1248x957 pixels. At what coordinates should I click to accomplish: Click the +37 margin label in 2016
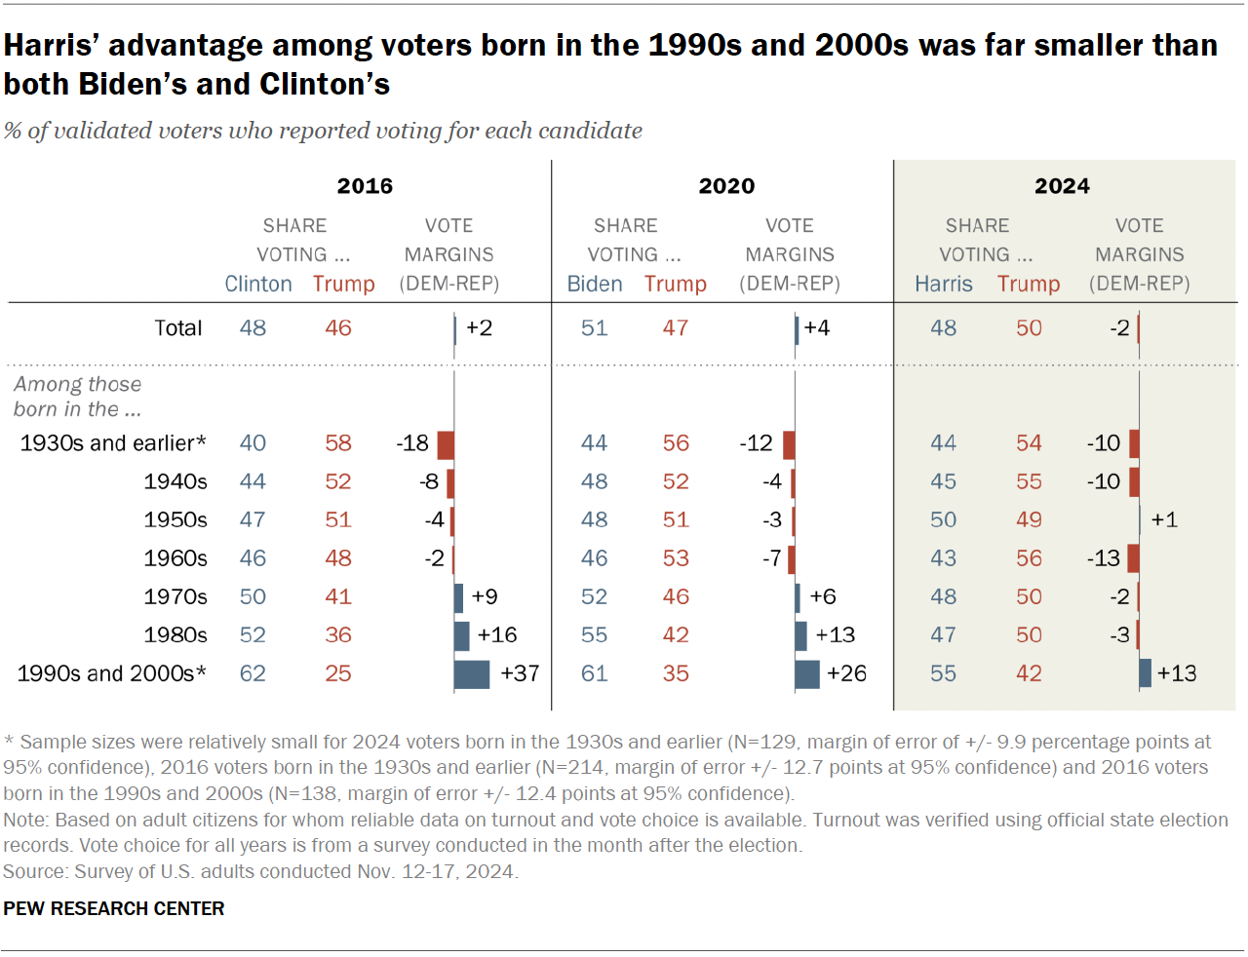(x=520, y=673)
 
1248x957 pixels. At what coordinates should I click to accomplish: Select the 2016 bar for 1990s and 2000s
(x=472, y=673)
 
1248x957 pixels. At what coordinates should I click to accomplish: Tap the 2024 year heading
(x=1062, y=186)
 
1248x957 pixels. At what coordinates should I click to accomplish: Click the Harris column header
(x=943, y=284)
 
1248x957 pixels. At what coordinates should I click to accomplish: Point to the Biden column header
(x=595, y=284)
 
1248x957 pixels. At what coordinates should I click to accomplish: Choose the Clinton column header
(x=258, y=284)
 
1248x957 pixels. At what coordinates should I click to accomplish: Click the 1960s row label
(x=175, y=558)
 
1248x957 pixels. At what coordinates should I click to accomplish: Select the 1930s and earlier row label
(x=113, y=443)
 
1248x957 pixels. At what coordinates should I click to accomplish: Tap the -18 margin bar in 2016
(x=446, y=444)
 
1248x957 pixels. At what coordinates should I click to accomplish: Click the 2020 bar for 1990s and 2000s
(x=807, y=673)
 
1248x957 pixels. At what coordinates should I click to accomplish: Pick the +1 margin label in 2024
(x=1164, y=519)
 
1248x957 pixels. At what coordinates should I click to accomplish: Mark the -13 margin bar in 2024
(x=1133, y=558)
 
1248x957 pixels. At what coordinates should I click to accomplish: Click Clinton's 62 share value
(x=253, y=673)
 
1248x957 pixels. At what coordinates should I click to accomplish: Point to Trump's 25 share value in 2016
(x=338, y=673)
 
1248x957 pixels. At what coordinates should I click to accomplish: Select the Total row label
(x=177, y=328)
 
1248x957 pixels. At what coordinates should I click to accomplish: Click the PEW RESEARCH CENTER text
(x=114, y=908)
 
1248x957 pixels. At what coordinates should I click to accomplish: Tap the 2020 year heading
(x=726, y=186)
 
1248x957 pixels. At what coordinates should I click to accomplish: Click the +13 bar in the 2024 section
(x=1146, y=673)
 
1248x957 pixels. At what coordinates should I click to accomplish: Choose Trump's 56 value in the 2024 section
(x=1029, y=558)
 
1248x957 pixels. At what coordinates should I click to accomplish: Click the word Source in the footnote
(x=33, y=871)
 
